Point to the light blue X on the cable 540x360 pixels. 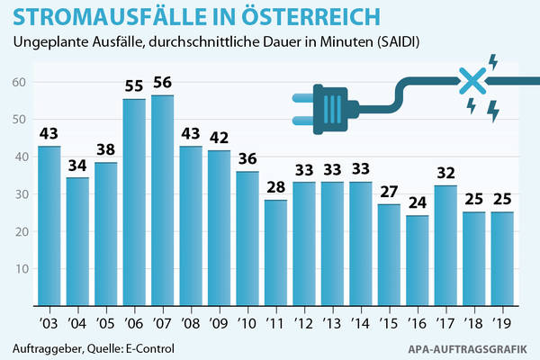pos(472,82)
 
